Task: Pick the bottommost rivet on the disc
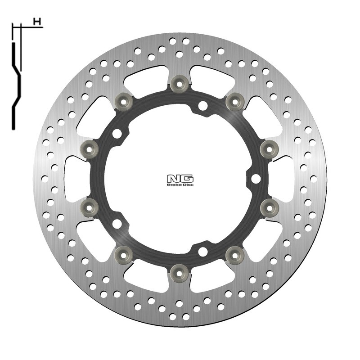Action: pos(179,271)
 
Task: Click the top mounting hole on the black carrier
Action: pos(203,105)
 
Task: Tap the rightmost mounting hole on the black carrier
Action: pos(256,179)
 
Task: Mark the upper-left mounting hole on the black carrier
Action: pos(117,134)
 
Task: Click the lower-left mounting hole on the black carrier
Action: pos(117,223)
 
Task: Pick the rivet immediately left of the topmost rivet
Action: pos(123,100)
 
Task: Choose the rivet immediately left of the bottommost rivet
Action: pos(123,254)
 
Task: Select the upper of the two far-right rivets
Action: pos(269,147)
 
